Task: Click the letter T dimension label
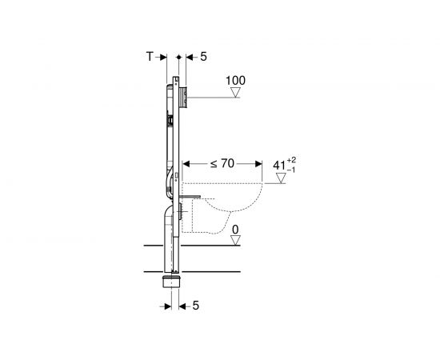tap(150, 57)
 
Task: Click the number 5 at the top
tap(203, 57)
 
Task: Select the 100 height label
tap(235, 81)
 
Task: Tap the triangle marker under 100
tap(236, 92)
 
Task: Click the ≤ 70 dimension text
tap(222, 163)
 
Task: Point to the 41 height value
tap(279, 166)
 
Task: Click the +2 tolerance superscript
tap(291, 160)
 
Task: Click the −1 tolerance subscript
tap(291, 170)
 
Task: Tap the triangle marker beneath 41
tap(281, 178)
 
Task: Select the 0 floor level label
tap(235, 230)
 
